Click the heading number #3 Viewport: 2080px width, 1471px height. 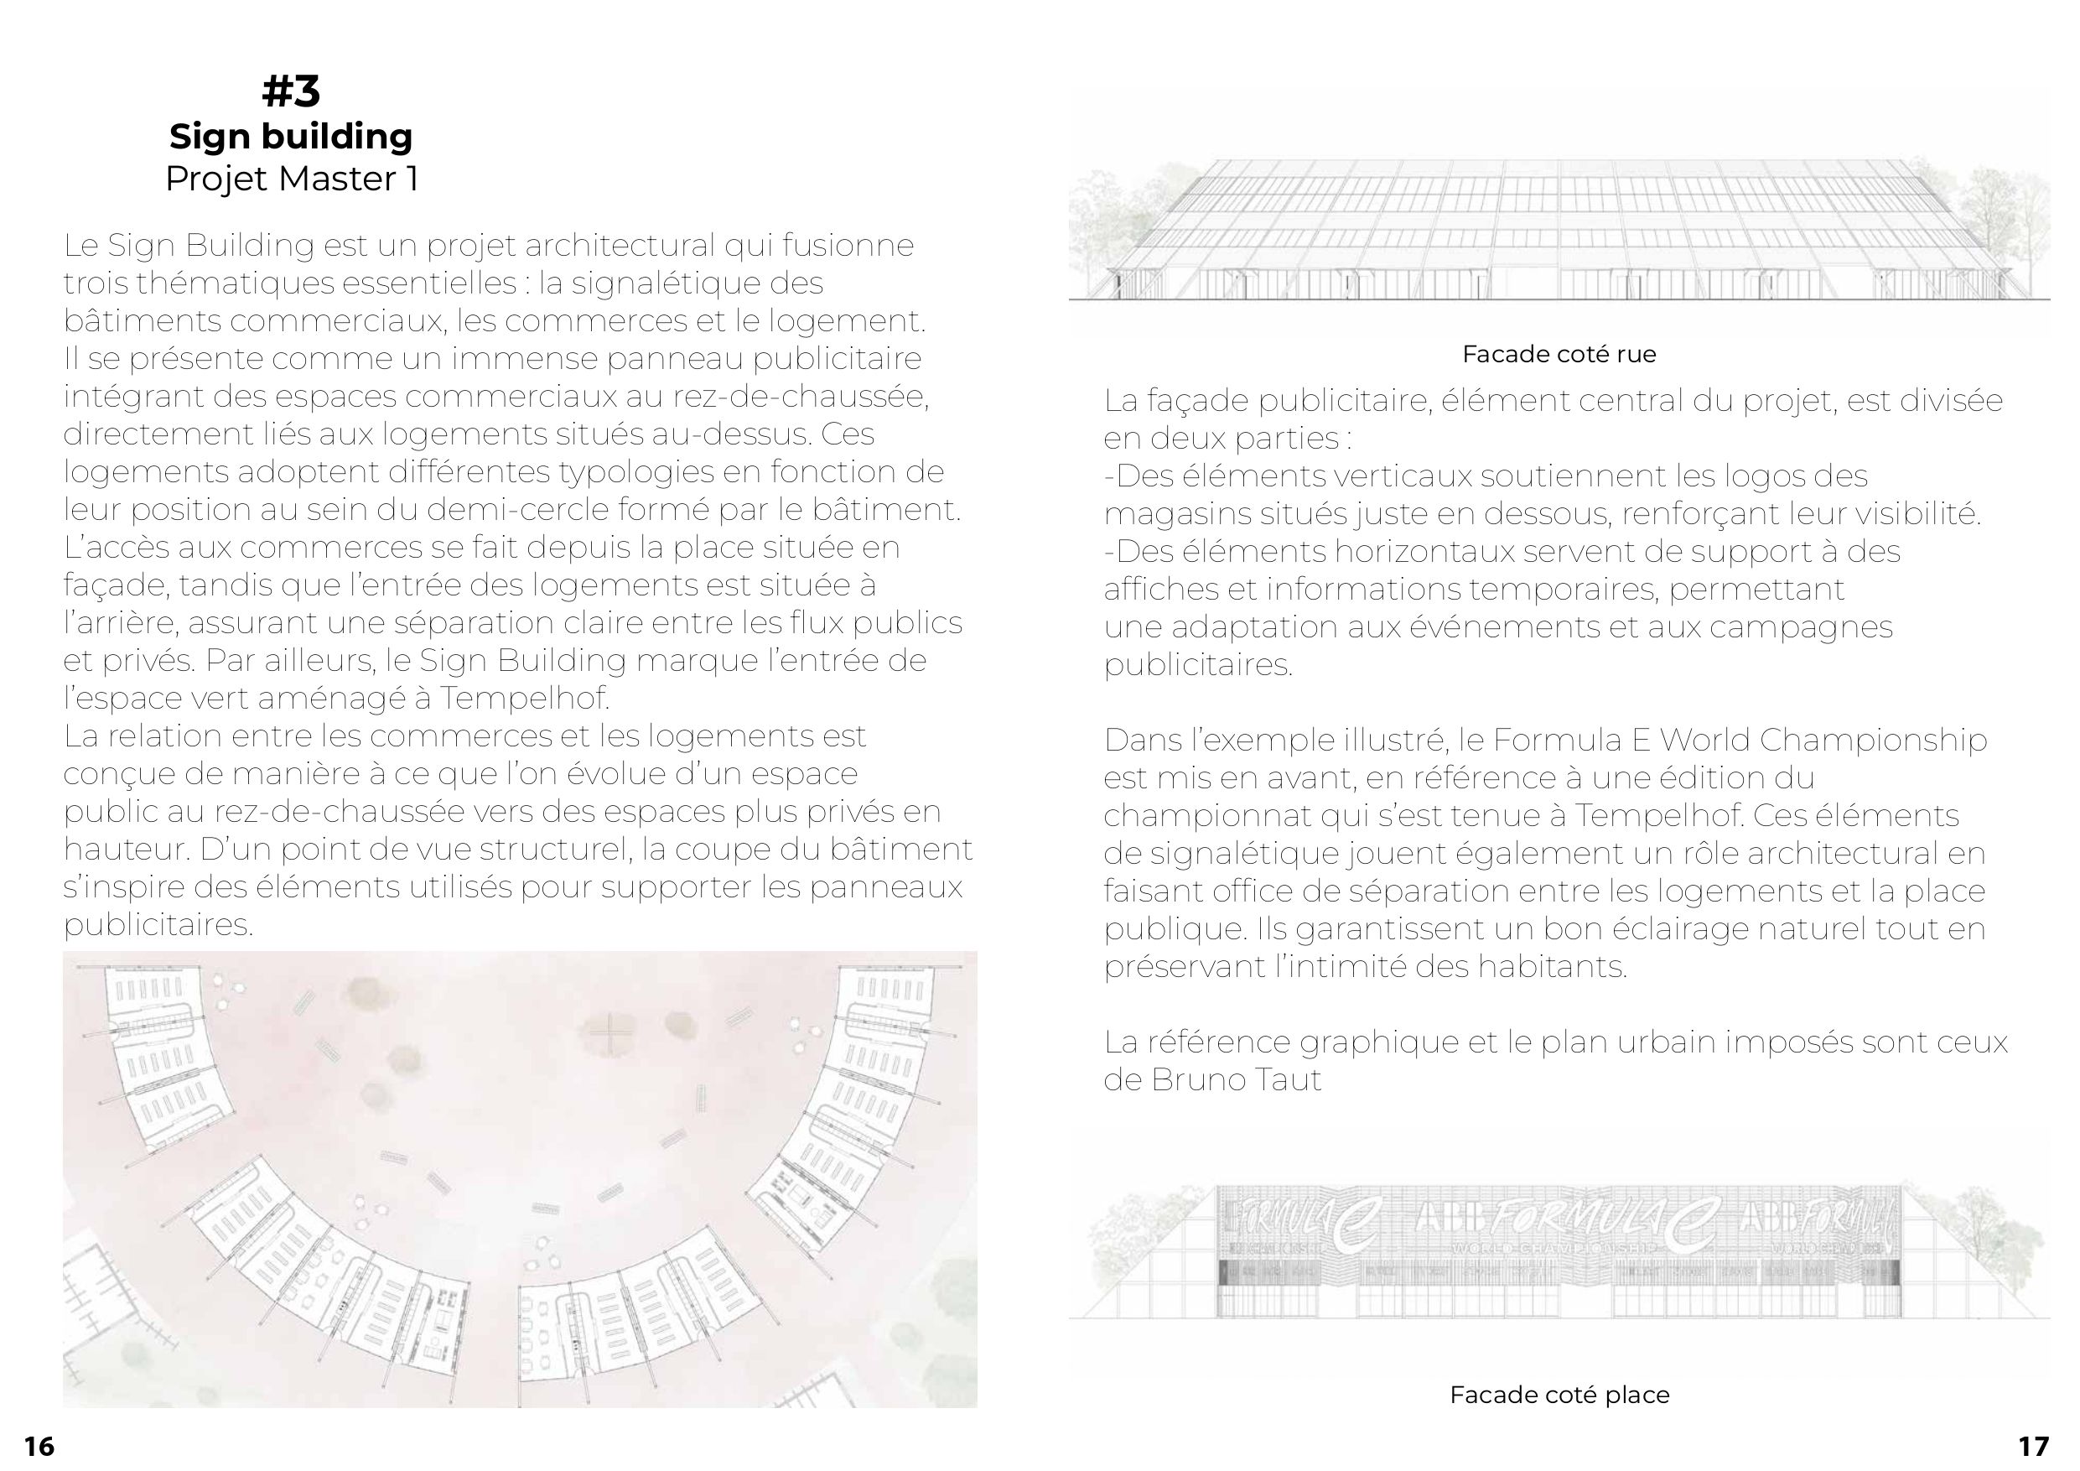click(291, 91)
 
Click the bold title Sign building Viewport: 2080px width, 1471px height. click(291, 137)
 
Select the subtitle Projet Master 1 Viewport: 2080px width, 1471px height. click(291, 179)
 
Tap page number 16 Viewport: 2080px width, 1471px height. click(39, 1447)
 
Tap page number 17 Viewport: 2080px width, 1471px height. click(2034, 1447)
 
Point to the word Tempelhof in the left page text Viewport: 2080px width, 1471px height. click(525, 699)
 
